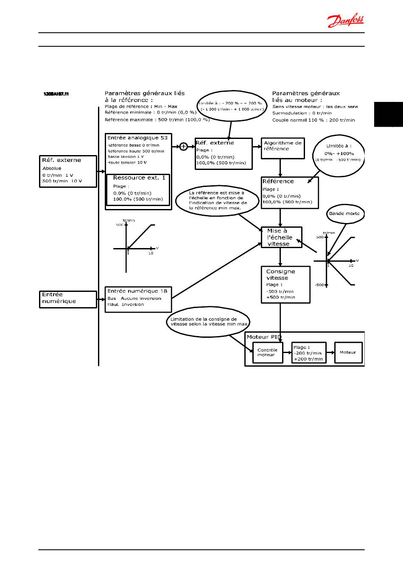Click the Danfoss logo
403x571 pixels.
coord(345,20)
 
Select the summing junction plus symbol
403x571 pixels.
coord(183,147)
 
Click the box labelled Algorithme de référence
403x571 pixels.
coord(283,148)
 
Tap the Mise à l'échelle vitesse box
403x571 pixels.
coord(281,237)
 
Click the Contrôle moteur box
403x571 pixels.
coord(267,353)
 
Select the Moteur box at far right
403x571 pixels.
coord(348,352)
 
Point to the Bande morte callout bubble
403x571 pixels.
coord(344,214)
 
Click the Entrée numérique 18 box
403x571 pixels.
coord(138,299)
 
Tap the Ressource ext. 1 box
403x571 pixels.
coord(138,189)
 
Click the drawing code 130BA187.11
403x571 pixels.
coord(56,93)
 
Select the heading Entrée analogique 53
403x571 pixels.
coord(137,138)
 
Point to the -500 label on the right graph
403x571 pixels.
coord(319,285)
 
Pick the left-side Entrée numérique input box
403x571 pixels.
coord(68,299)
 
